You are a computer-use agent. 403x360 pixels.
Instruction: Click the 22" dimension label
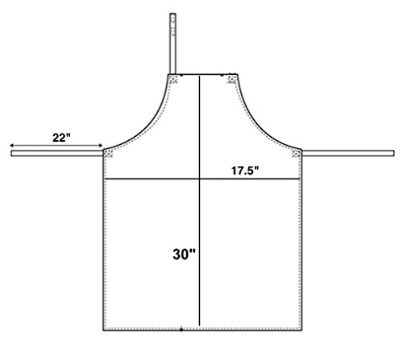coord(61,138)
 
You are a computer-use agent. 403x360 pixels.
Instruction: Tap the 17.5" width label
coord(245,171)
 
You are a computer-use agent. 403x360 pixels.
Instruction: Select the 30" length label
coord(184,254)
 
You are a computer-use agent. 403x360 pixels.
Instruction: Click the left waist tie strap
coord(57,153)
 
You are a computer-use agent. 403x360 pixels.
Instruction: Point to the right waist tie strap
coord(348,153)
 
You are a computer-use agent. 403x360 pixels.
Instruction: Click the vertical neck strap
coord(172,43)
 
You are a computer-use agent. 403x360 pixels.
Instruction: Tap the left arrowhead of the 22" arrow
coord(11,146)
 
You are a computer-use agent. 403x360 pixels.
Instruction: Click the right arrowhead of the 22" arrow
coord(101,146)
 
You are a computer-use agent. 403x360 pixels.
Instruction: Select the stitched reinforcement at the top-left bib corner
coord(173,80)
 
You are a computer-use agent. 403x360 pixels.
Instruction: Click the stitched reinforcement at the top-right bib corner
coord(232,80)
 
